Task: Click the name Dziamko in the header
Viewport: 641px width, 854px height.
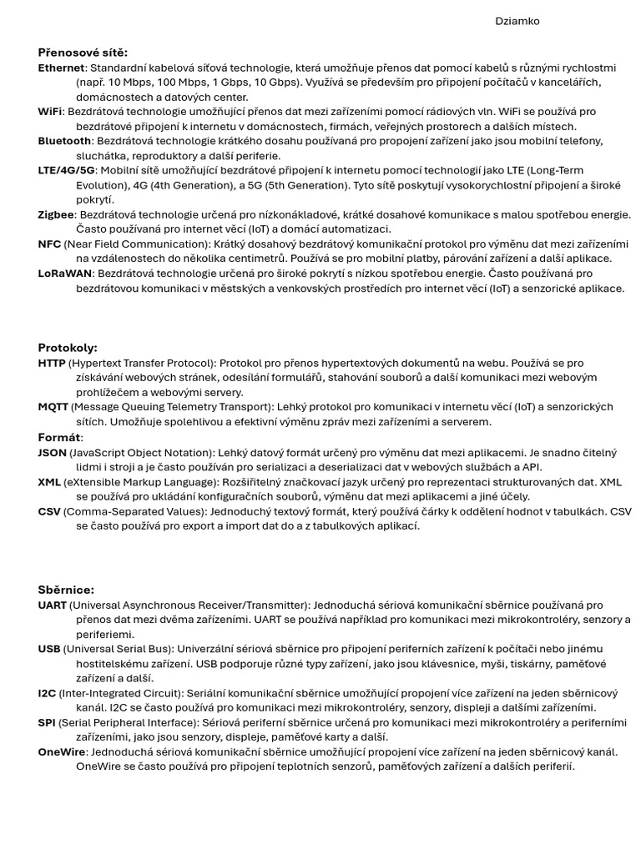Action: (x=517, y=22)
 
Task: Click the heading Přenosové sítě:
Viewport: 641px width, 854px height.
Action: (x=83, y=53)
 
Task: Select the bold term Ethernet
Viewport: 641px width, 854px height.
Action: (x=61, y=68)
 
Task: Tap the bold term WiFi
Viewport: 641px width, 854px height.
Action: (x=49, y=112)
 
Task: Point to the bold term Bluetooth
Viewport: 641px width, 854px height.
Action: (x=64, y=141)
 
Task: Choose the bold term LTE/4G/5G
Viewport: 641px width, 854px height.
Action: (x=67, y=170)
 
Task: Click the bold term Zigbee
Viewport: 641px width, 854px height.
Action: (x=56, y=214)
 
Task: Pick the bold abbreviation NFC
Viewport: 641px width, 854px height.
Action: (x=49, y=244)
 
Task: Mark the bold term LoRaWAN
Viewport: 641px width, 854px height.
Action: (x=65, y=274)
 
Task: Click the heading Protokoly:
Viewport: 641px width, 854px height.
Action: (x=68, y=348)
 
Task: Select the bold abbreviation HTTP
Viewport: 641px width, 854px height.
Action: (x=52, y=364)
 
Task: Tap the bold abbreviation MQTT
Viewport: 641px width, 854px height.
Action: (x=53, y=407)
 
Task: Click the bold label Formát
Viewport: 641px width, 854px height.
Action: (x=58, y=437)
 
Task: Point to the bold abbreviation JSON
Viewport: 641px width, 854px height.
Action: (x=52, y=453)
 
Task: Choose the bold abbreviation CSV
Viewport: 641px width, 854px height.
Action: (x=49, y=511)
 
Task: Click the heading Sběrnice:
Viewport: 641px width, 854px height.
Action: (x=66, y=590)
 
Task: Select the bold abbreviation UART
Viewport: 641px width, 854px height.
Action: (x=52, y=605)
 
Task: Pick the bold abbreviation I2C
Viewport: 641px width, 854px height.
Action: (x=47, y=694)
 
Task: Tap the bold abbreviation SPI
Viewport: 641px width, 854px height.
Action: (x=47, y=722)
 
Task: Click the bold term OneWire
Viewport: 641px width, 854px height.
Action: (x=62, y=752)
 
